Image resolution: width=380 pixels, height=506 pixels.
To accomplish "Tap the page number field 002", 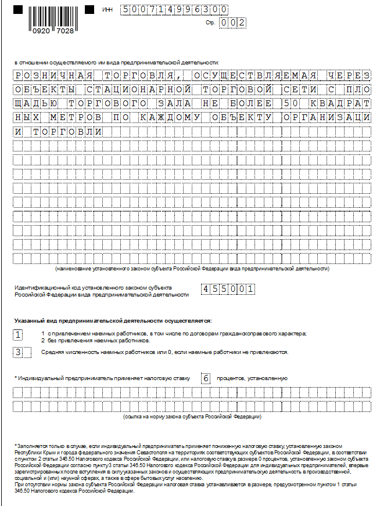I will [x=232, y=23].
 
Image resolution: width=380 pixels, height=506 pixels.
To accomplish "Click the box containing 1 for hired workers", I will [x=19, y=335].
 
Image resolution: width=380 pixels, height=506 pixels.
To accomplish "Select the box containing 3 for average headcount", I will [x=19, y=352].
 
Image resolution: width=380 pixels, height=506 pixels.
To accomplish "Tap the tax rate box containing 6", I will [x=206, y=378].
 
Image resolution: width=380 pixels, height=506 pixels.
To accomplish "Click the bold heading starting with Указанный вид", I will [x=113, y=320].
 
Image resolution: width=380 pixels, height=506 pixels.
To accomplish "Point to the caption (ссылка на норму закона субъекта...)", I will [x=192, y=417].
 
